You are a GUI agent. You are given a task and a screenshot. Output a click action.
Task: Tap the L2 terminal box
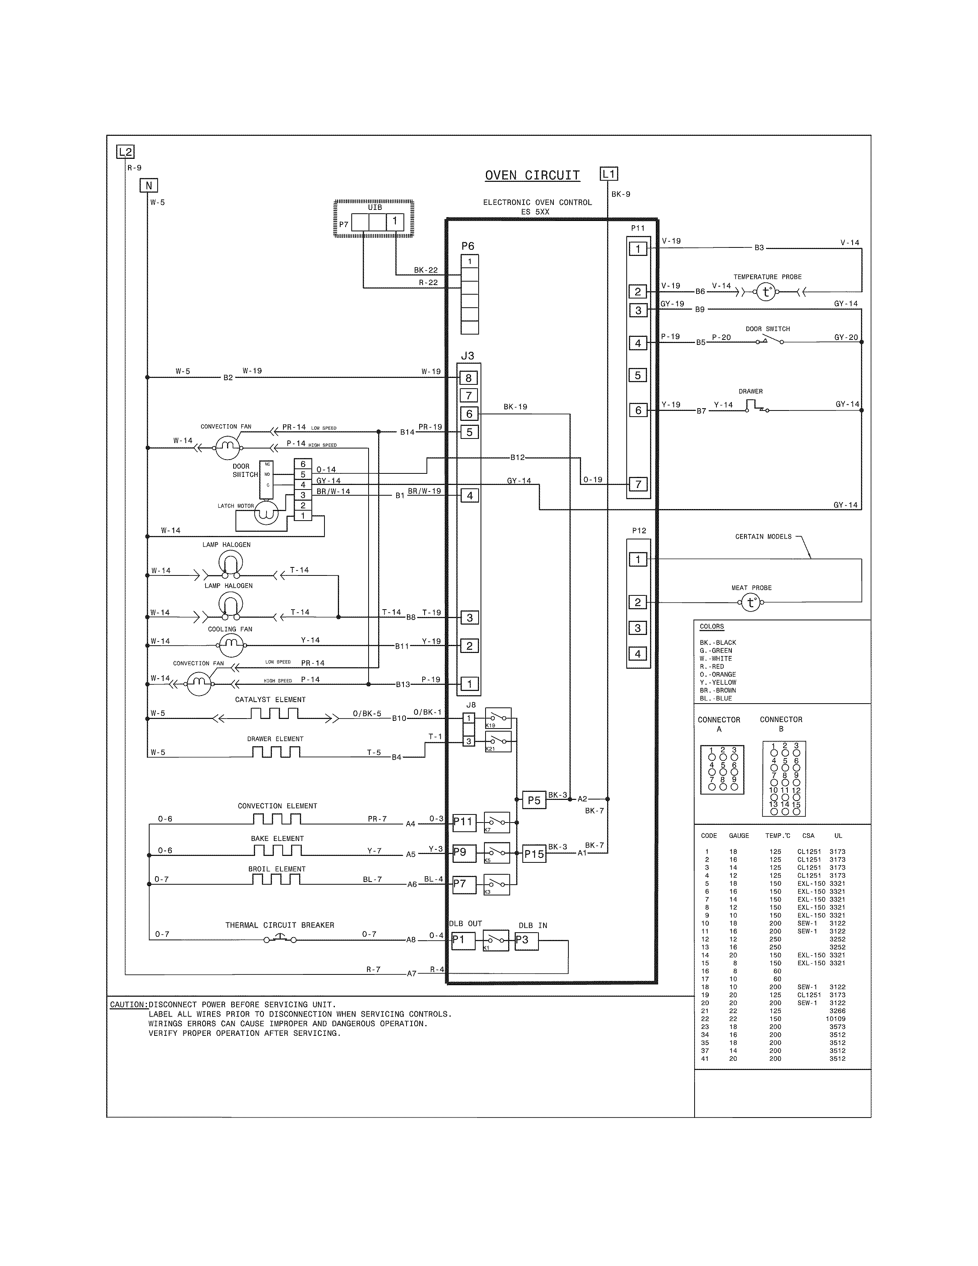pos(125,152)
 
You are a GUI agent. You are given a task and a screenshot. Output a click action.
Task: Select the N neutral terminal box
pos(149,186)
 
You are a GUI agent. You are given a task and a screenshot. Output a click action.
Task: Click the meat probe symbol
pos(751,603)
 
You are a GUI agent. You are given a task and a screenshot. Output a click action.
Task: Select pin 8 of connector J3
pos(469,378)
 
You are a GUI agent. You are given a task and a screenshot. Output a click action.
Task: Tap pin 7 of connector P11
pos(638,484)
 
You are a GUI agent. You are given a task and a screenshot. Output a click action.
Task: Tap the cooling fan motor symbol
pos(231,643)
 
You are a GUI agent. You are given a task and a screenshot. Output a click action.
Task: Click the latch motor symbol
pos(267,513)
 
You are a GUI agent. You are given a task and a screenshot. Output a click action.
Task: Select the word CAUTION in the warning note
pos(128,1005)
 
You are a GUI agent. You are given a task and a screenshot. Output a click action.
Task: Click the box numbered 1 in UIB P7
pos(395,221)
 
